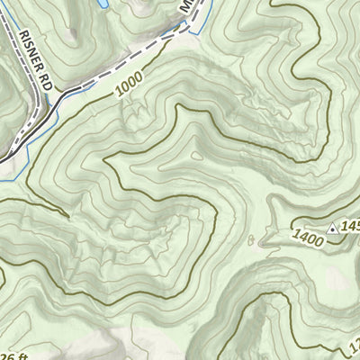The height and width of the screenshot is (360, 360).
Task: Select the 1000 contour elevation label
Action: tap(130, 86)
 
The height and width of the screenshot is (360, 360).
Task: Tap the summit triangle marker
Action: tap(333, 229)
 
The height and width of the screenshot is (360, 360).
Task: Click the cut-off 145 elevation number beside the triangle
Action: tap(350, 226)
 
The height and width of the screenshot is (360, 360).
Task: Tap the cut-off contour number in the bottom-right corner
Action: tap(354, 344)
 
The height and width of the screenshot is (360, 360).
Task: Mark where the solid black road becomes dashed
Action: tap(50, 104)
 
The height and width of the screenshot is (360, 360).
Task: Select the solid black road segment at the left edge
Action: tap(7, 157)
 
